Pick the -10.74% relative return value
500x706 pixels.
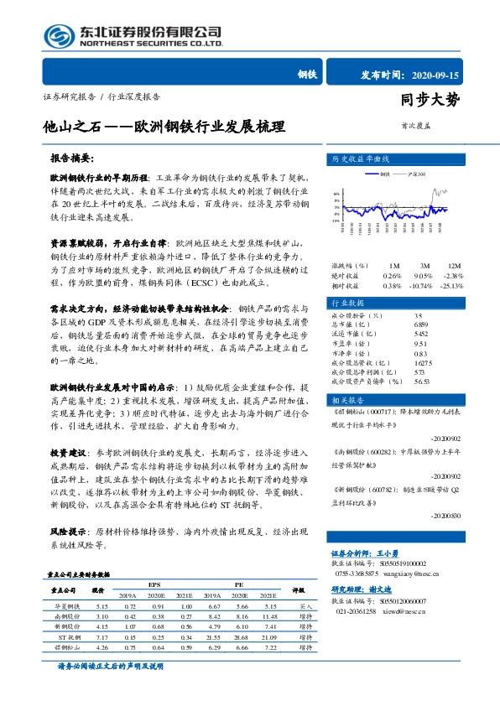(424, 285)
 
